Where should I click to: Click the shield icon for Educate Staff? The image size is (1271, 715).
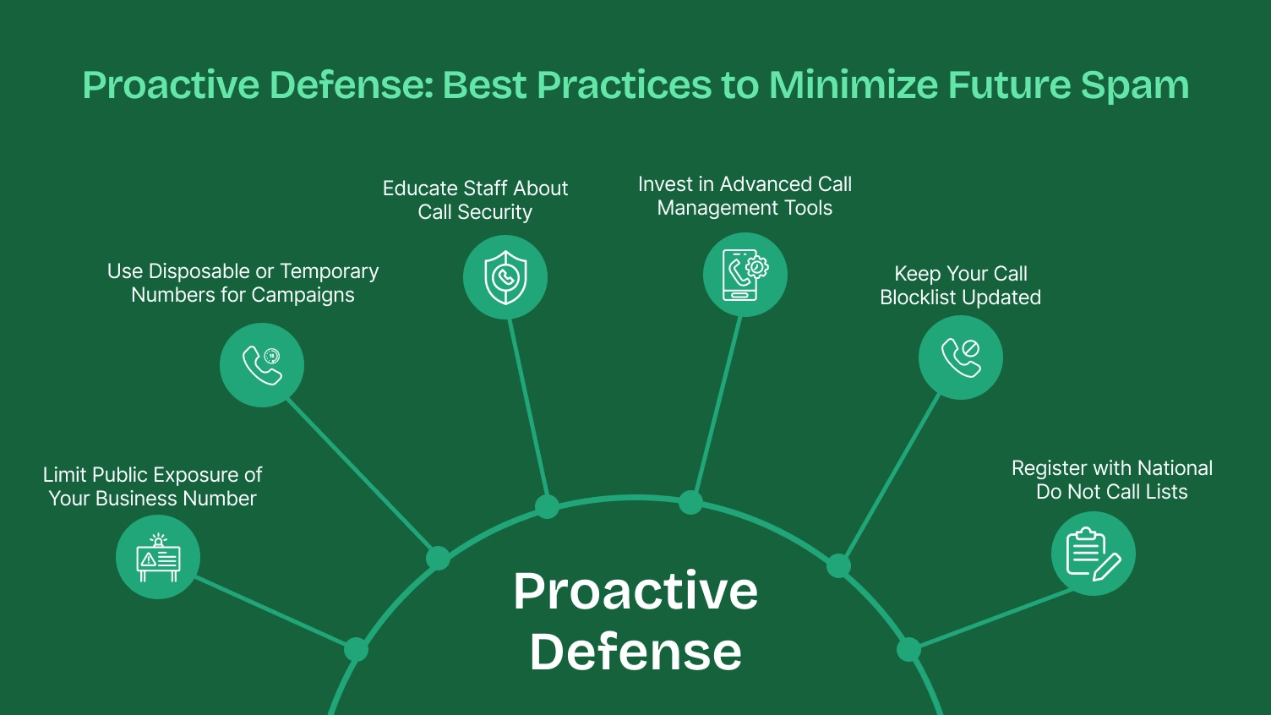pos(505,277)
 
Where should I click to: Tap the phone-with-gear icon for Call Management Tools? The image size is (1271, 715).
pos(745,275)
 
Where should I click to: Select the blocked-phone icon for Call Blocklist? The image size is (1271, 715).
pos(961,357)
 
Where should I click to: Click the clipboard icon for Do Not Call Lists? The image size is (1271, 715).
pos(1094,554)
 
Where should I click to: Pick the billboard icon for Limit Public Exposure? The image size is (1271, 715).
pos(158,557)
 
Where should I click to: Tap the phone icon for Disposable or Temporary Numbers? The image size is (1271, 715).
pos(262,365)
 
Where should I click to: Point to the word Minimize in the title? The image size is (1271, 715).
pos(853,85)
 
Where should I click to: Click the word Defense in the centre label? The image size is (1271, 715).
pos(635,652)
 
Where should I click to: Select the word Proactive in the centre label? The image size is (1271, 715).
pos(635,591)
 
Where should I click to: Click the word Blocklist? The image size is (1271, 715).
pos(920,297)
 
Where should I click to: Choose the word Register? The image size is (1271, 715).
pos(1049,468)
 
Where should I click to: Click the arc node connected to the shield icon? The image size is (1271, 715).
pos(547,507)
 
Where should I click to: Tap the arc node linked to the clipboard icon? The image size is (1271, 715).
pos(908,650)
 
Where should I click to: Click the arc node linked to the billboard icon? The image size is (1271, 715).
pos(356,650)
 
